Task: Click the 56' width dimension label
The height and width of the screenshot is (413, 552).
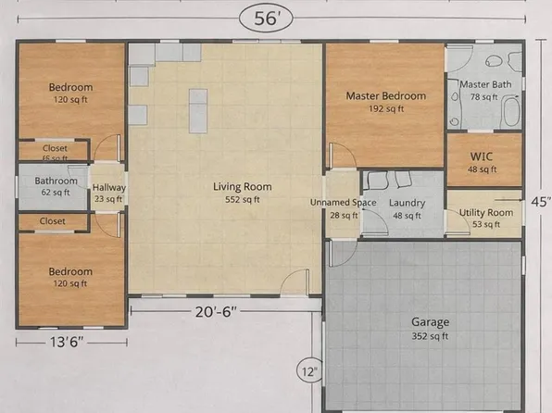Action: [269, 17]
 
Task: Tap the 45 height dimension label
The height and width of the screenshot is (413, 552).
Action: [542, 201]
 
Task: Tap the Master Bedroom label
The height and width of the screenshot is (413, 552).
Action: [385, 95]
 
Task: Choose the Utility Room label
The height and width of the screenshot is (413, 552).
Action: [485, 212]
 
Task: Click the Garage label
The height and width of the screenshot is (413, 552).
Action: [431, 322]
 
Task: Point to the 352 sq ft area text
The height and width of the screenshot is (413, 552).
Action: [431, 335]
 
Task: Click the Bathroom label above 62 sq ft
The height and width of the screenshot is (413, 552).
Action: [56, 181]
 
